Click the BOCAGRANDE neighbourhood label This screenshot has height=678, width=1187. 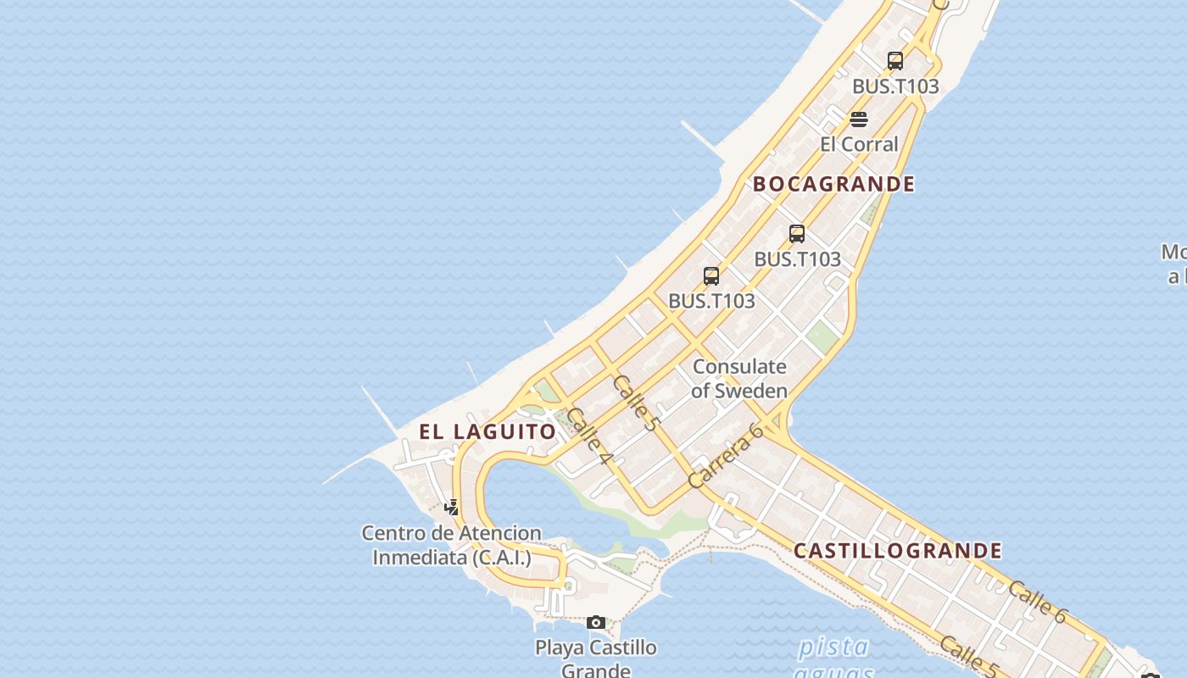coord(834,184)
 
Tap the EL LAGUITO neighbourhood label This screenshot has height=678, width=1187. coord(488,431)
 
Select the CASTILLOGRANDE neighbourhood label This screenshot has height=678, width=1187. coord(898,551)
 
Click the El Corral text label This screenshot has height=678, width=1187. coord(859,144)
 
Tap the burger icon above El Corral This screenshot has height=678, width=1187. coord(859,119)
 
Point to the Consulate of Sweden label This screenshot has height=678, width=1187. coord(739,379)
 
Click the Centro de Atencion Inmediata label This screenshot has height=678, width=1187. coord(451,545)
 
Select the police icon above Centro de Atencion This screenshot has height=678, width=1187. coord(452,508)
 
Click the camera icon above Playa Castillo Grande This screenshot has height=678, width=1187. coord(596,623)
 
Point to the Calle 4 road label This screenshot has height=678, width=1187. coord(589,436)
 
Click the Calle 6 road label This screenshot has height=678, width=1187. coord(1037,603)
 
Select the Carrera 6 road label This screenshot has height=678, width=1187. coord(726,457)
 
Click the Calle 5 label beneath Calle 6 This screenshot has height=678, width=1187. coord(968,657)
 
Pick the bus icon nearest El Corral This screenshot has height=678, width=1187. coord(895,61)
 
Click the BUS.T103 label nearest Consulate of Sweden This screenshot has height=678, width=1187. coord(711,301)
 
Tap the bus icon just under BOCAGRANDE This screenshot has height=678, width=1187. coord(797,234)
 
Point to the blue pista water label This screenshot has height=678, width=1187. coord(833,647)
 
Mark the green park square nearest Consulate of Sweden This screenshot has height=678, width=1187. coord(821,336)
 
